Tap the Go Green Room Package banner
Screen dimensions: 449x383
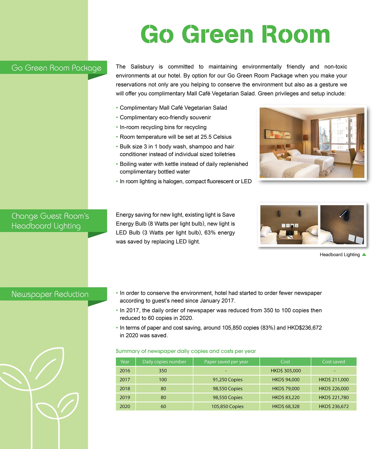pos(56,68)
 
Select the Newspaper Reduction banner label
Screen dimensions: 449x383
pos(50,294)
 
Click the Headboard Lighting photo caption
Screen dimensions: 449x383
pos(340,255)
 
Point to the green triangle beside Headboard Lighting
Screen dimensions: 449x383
pos(364,255)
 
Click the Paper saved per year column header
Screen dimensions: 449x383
pos(226,362)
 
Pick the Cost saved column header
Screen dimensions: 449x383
pos(333,362)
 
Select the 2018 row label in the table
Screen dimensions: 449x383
pos(125,389)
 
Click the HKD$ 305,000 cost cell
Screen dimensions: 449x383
pos(286,371)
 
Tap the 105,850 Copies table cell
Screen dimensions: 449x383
pos(228,407)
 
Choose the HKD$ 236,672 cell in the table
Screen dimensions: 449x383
pos(333,407)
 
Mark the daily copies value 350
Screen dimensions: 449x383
pos(163,371)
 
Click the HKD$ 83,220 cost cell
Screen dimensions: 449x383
pos(286,398)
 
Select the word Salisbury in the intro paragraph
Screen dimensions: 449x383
pos(142,67)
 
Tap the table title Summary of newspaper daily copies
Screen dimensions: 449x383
pos(186,351)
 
